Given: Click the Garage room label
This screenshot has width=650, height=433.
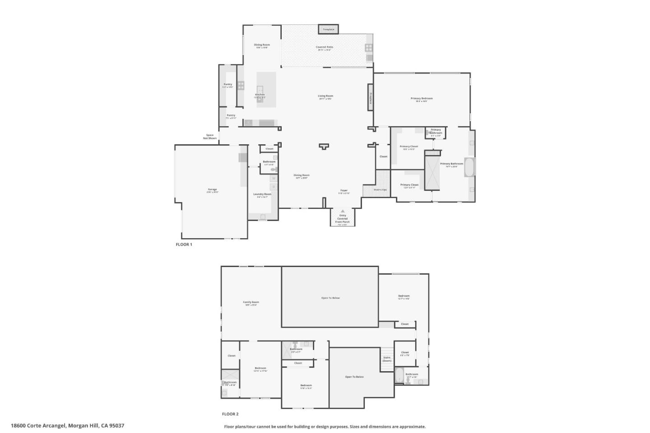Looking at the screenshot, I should (212, 189).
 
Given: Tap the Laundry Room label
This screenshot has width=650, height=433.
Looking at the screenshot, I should (262, 194).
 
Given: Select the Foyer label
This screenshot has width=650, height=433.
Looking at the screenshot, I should (344, 191).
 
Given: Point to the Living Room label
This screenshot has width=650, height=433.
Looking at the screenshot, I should (325, 96).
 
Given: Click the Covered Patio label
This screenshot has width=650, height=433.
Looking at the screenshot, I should (324, 47).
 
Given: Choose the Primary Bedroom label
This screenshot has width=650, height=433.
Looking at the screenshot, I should (422, 99).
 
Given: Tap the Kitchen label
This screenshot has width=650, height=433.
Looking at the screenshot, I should (260, 95).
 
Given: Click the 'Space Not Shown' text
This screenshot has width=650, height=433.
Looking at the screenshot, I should (210, 136).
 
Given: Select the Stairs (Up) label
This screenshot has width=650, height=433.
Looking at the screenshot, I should (381, 190).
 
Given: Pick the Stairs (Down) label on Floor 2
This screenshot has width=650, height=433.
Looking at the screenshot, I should (387, 359).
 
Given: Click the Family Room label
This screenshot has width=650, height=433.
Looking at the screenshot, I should (251, 302).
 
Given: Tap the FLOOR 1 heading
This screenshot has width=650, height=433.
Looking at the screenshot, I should (184, 244).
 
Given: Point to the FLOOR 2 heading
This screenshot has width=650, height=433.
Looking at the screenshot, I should (230, 414).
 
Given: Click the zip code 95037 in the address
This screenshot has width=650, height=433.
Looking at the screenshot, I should (117, 425).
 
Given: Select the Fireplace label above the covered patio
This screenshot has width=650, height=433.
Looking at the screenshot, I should (328, 29).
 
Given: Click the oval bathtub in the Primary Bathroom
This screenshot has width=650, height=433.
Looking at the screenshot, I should (469, 167).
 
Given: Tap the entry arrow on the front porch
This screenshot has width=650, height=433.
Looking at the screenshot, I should (343, 211).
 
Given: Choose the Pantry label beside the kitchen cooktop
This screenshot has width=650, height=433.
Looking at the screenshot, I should (227, 84).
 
